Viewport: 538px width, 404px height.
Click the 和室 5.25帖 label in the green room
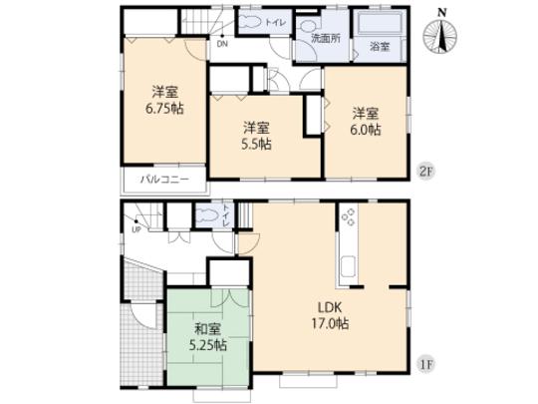tap(207, 338)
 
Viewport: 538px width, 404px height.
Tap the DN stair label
tap(221, 43)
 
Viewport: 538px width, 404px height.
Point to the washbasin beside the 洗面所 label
tap(311, 23)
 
